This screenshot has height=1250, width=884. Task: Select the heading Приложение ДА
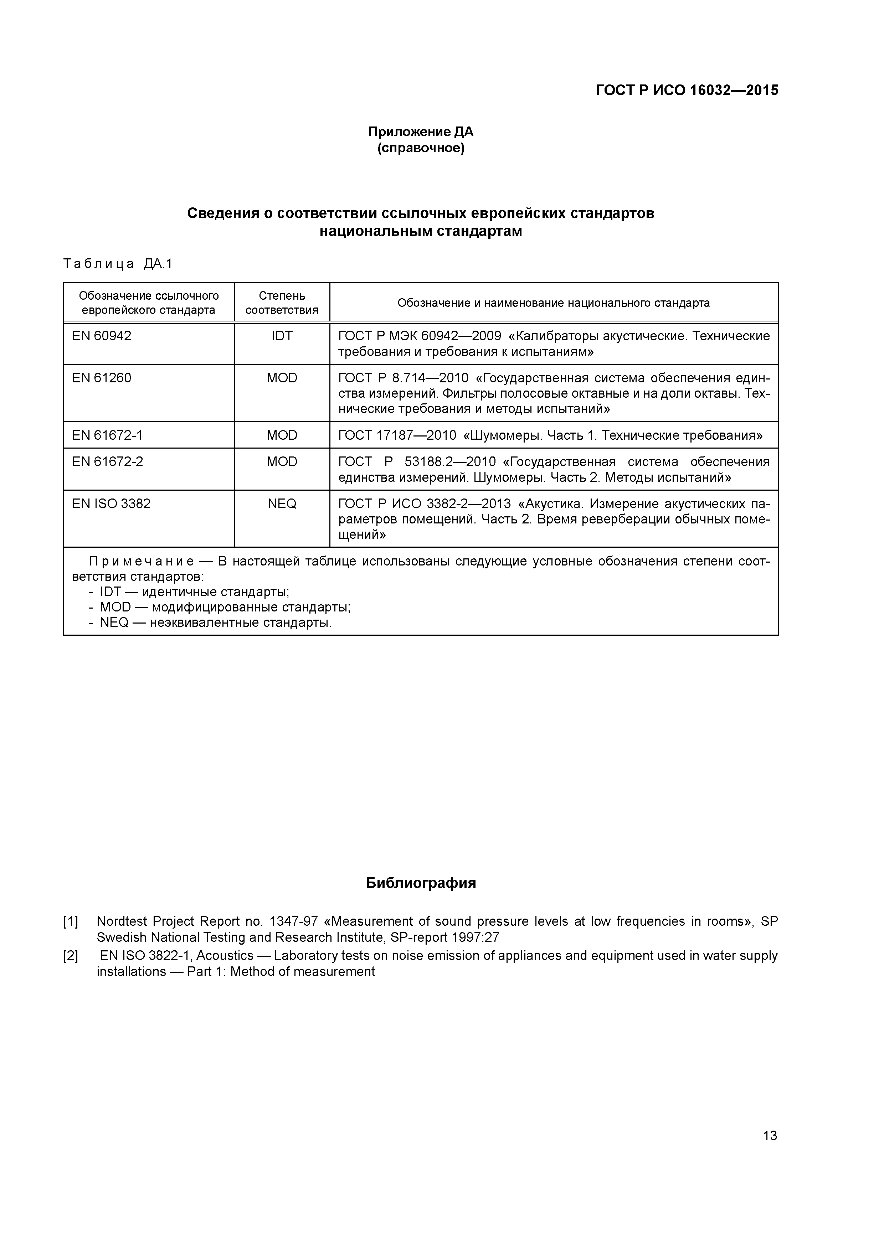tap(421, 132)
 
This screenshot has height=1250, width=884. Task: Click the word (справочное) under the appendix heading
tap(421, 148)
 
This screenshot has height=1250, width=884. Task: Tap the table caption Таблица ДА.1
tap(118, 264)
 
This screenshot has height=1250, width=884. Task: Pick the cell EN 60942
tap(102, 336)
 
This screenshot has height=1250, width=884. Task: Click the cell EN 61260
tap(102, 378)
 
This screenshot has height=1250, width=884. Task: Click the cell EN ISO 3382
tap(111, 503)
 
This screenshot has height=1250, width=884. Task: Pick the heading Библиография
tap(421, 883)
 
